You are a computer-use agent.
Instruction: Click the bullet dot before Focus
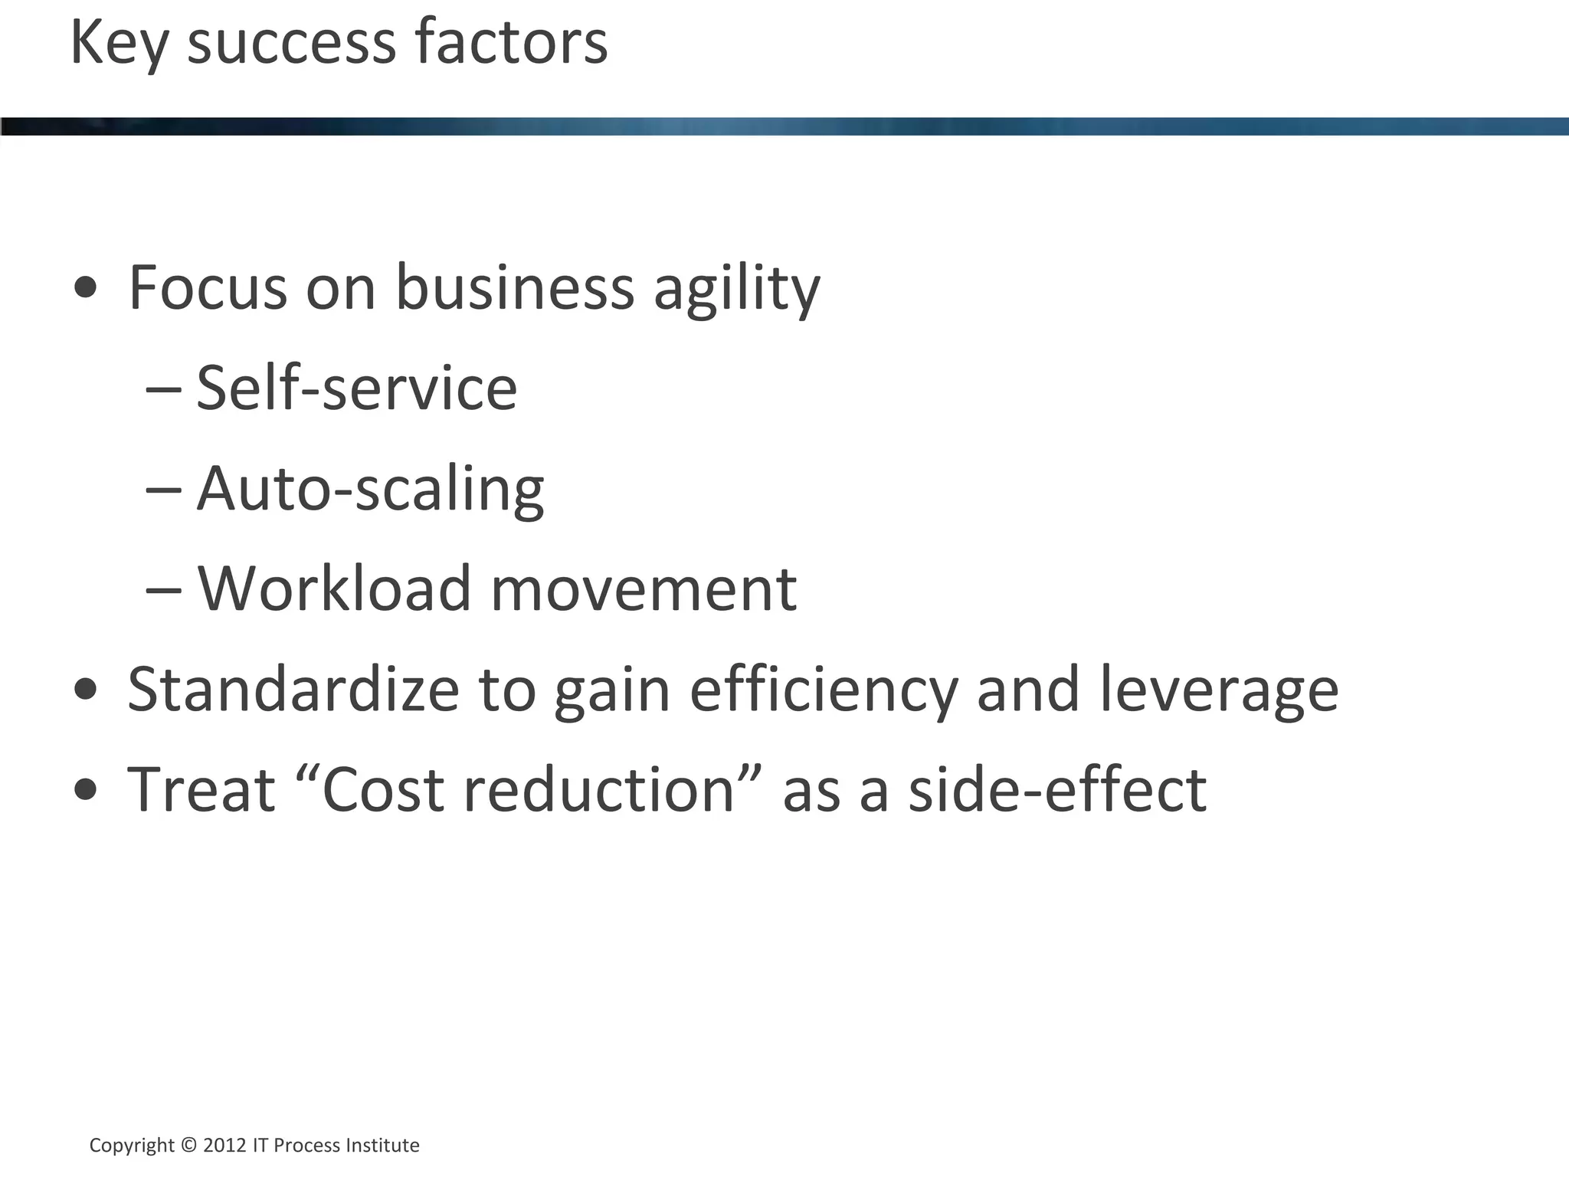[x=86, y=288]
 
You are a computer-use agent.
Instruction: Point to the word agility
[x=736, y=290]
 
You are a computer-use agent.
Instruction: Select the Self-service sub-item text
[x=356, y=388]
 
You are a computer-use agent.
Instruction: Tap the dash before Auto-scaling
[x=163, y=489]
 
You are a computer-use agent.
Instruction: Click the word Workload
[x=334, y=588]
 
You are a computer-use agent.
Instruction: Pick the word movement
[x=644, y=588]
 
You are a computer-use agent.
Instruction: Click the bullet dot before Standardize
[x=86, y=689]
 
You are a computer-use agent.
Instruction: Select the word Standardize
[x=293, y=689]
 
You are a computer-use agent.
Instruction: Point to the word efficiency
[x=824, y=690]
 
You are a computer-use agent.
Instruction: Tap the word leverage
[x=1219, y=690]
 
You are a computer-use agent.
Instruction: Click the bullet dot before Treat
[x=86, y=789]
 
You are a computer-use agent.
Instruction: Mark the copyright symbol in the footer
[x=188, y=1145]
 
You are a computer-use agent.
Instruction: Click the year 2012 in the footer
[x=224, y=1145]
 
